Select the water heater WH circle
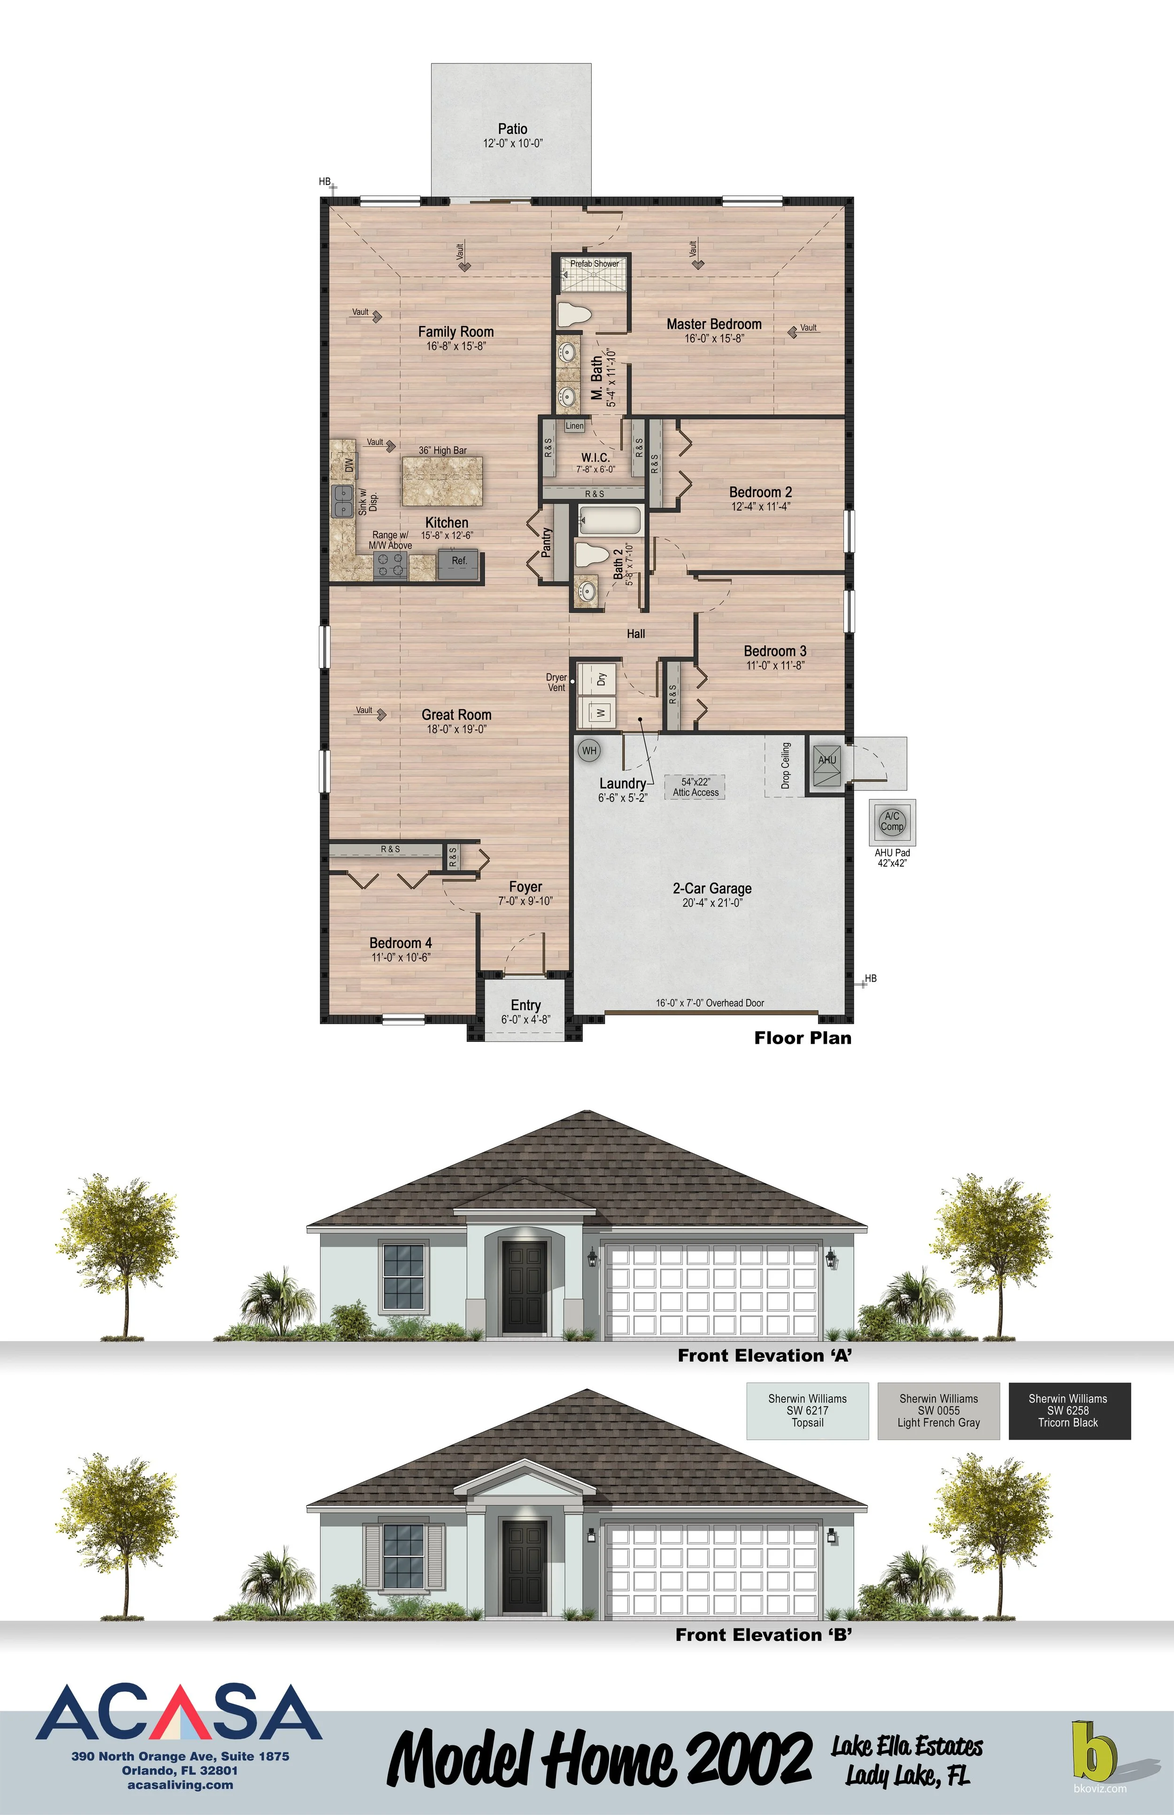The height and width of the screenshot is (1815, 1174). [x=589, y=751]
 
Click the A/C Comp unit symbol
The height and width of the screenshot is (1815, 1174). [x=892, y=822]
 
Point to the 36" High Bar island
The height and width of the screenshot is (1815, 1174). [x=443, y=481]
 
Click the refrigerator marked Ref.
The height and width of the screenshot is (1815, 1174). [x=459, y=561]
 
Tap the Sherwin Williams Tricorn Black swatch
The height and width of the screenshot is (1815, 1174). [x=1069, y=1411]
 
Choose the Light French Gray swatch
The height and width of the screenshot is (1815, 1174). [x=938, y=1411]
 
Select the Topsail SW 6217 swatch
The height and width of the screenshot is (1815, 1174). [x=807, y=1411]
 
